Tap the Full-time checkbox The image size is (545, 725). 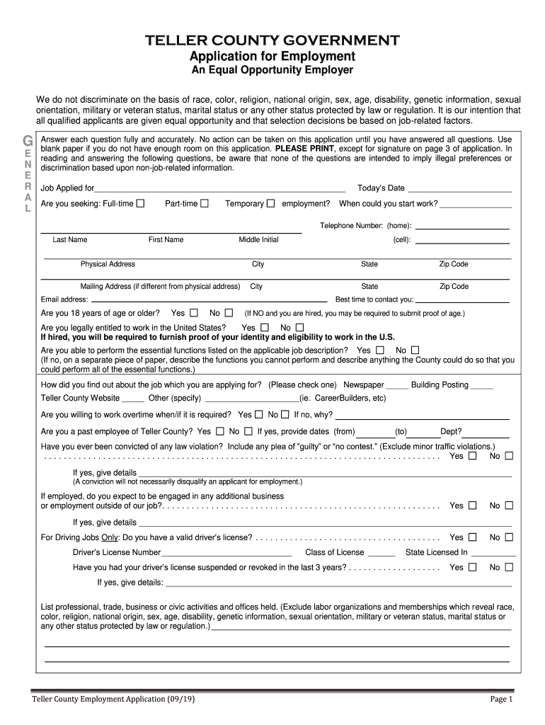click(x=140, y=204)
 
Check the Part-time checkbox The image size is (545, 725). click(x=205, y=204)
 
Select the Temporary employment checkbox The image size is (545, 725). click(x=270, y=204)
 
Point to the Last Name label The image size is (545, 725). click(x=70, y=240)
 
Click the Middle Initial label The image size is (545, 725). click(x=258, y=240)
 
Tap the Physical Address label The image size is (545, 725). click(x=108, y=265)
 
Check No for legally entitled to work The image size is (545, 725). click(x=299, y=328)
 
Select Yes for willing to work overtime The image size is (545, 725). click(x=259, y=415)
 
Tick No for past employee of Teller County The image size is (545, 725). click(x=248, y=431)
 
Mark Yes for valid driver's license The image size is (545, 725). click(x=473, y=538)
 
